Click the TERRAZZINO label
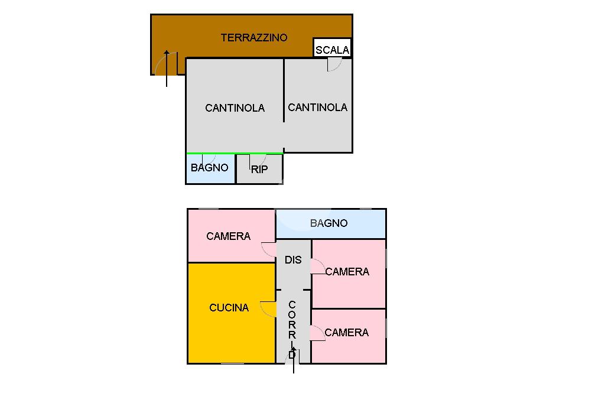pos(254,38)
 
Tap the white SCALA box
pos(332,48)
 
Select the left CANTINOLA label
pos(235,108)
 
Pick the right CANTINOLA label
pos(317,108)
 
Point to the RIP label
pos(259,170)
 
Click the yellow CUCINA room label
pos(229,308)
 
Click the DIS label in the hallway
pos(293,260)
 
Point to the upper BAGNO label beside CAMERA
pos(328,223)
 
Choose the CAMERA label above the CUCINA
pos(228,236)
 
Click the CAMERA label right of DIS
pos(347,272)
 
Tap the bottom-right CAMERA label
pos(347,333)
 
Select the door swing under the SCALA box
pos(334,65)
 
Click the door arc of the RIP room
pos(258,160)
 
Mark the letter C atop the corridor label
pos(292,305)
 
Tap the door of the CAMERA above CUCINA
pos(269,249)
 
